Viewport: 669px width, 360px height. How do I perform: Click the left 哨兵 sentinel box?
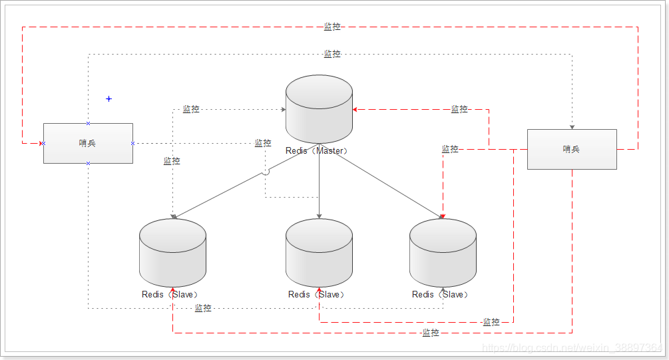[88, 143]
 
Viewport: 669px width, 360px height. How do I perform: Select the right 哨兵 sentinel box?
[572, 149]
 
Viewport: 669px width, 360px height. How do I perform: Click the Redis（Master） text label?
[317, 151]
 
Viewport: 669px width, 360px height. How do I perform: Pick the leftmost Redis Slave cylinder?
[172, 253]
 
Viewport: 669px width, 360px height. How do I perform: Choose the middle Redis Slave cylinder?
[319, 253]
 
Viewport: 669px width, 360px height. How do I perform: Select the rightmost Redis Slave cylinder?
[443, 253]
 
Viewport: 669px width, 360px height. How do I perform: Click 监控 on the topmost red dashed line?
[332, 27]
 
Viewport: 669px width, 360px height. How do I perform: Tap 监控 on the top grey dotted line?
[332, 54]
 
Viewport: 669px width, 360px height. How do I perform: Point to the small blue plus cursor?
[109, 99]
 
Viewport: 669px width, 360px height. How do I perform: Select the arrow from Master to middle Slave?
[320, 183]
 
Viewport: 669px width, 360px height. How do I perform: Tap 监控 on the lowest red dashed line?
[431, 333]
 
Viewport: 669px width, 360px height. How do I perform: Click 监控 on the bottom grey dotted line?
[203, 308]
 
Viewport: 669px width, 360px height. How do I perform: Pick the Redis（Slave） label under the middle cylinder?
[317, 294]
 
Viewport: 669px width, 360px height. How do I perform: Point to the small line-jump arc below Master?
[266, 172]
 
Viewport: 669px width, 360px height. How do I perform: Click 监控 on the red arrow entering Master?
[459, 109]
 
